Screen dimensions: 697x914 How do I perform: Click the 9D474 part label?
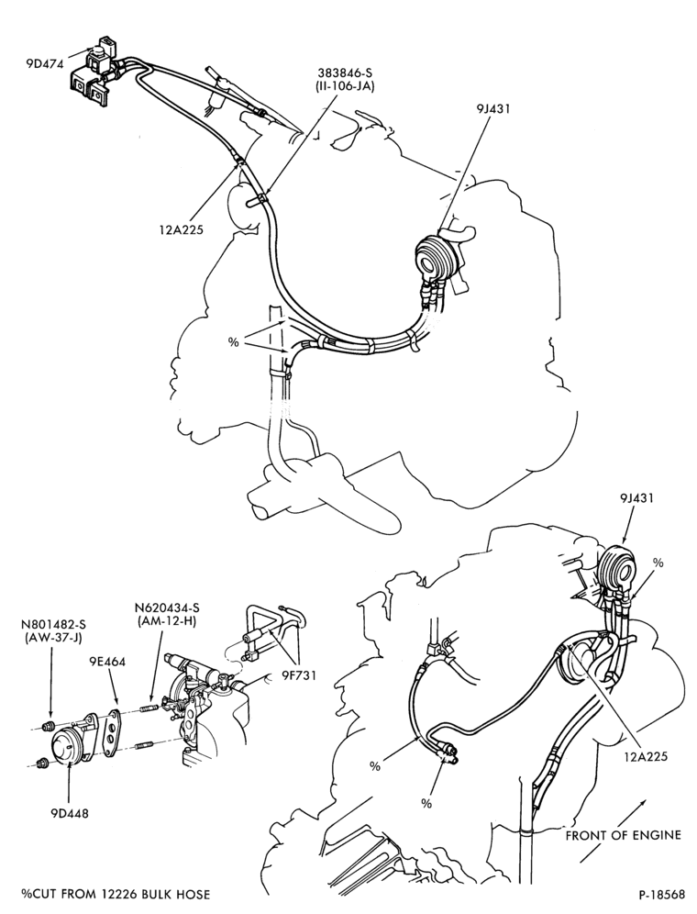pos(44,64)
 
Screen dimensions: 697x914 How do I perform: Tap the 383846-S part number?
pos(345,72)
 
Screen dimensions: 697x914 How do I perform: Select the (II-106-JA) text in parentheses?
pos(345,87)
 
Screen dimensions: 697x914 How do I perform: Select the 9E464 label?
pos(106,662)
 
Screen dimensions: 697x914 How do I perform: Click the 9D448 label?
pos(69,813)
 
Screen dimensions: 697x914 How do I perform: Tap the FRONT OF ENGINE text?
pos(623,835)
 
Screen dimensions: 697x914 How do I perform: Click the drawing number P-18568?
pos(661,895)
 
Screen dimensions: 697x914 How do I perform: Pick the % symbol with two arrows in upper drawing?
pos(233,342)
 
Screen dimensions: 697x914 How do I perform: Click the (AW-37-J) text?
pos(53,638)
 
